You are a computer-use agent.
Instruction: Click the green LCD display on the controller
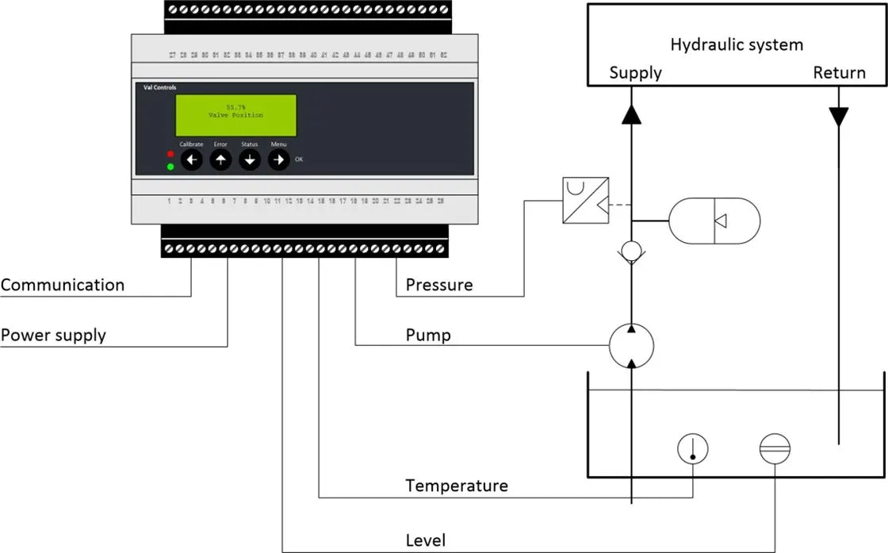click(236, 115)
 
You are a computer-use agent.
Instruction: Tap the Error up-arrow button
click(220, 160)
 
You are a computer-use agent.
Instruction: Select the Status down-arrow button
click(250, 160)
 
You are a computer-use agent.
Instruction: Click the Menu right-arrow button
click(278, 160)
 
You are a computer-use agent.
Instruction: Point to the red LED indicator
click(170, 153)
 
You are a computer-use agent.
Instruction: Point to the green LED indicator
click(170, 167)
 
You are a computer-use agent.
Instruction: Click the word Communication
click(63, 285)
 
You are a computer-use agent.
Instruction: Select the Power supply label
click(53, 335)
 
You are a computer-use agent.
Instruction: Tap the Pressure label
click(439, 285)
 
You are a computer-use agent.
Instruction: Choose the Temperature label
click(457, 485)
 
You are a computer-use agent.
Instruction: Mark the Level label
click(426, 541)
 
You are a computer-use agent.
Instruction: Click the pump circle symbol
click(631, 345)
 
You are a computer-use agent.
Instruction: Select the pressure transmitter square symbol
click(585, 201)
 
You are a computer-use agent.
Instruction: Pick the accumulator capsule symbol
click(714, 220)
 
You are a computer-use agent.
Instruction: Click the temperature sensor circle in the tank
click(692, 449)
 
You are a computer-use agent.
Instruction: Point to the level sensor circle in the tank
click(775, 449)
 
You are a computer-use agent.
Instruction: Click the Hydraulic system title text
click(737, 44)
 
